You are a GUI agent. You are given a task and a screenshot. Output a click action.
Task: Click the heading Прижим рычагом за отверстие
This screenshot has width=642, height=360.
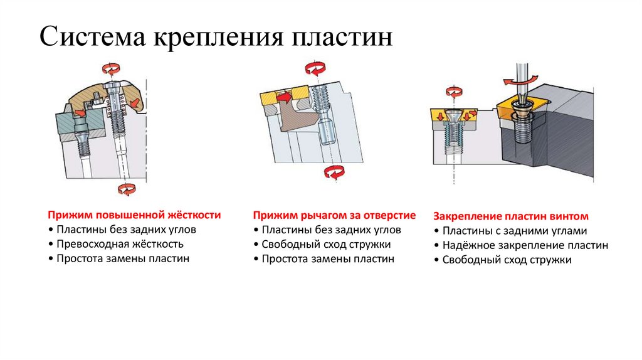point(334,215)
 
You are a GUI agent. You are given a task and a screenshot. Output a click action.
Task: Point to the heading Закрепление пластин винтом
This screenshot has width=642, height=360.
point(511,216)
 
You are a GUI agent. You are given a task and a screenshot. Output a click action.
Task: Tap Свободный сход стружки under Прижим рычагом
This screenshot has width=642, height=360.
point(326,245)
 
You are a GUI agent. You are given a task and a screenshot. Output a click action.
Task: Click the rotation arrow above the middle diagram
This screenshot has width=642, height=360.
point(315,68)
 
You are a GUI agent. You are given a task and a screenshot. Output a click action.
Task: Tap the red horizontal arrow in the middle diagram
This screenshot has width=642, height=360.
point(286,97)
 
